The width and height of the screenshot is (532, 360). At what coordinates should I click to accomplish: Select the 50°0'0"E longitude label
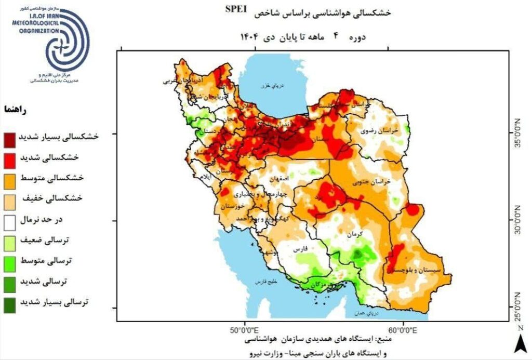coord(245,329)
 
